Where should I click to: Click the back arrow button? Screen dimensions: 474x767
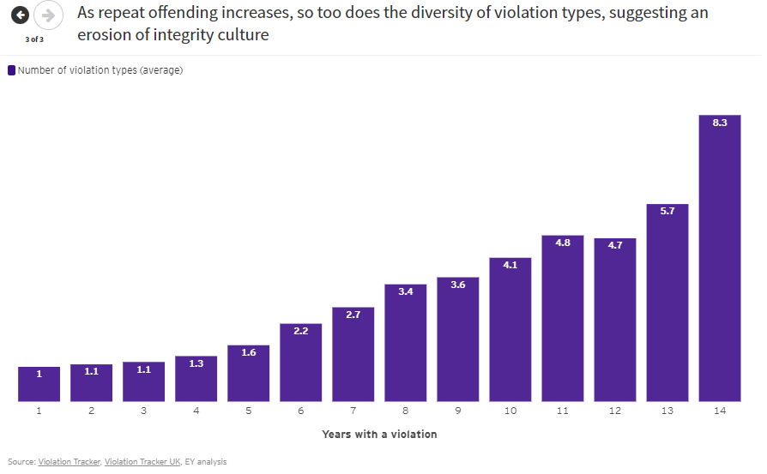point(20,15)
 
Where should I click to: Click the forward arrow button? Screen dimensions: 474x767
point(48,15)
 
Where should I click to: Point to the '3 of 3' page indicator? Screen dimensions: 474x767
point(34,39)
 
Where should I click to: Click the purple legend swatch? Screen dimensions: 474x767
point(11,70)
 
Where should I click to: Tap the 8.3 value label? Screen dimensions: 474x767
point(719,123)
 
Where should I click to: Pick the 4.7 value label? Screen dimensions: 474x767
point(614,245)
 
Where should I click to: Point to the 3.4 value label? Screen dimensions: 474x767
point(405,291)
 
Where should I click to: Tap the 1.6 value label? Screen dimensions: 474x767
point(248,352)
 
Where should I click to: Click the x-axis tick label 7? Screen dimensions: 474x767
point(353,411)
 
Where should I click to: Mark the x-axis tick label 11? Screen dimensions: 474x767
point(562,411)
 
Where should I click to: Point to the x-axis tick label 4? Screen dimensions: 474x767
point(196,411)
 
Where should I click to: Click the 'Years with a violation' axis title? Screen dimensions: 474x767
point(379,435)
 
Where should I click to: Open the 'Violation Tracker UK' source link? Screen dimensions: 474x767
point(142,462)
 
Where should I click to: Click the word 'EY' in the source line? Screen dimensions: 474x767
point(189,462)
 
